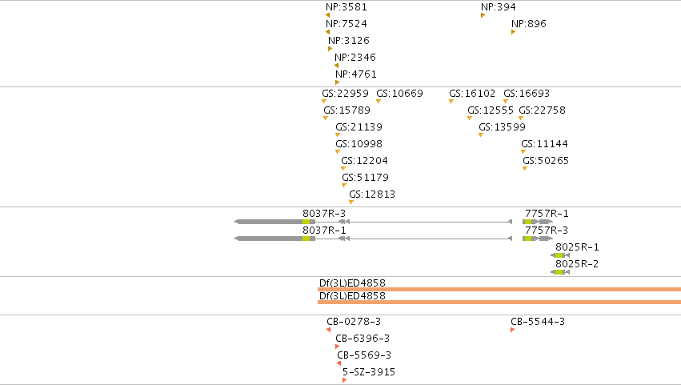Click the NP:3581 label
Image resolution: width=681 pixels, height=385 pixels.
(x=347, y=7)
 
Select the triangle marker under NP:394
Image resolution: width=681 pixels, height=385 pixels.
(x=483, y=16)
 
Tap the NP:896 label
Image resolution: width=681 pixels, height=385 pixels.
(x=529, y=24)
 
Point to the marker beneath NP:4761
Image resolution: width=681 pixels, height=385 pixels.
(x=337, y=82)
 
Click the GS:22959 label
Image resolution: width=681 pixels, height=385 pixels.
(x=345, y=94)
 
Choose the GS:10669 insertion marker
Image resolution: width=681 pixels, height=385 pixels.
(x=379, y=101)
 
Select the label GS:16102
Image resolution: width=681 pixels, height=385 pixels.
(x=471, y=94)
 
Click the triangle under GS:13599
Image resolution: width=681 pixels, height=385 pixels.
(x=481, y=135)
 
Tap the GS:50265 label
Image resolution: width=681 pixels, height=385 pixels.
(x=546, y=161)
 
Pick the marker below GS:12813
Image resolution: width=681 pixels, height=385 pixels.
(x=351, y=203)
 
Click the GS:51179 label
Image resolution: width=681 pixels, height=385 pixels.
(x=365, y=177)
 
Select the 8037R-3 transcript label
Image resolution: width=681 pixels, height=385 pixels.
(x=324, y=214)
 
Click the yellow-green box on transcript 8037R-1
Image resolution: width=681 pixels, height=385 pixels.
(x=306, y=239)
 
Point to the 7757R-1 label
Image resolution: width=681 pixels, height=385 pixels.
(x=547, y=214)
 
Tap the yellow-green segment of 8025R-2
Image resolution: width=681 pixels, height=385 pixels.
(x=559, y=272)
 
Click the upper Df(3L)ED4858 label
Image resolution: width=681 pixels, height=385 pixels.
(x=352, y=283)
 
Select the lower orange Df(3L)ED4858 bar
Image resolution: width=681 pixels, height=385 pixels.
(x=499, y=302)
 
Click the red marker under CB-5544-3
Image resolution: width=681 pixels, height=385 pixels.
(x=512, y=331)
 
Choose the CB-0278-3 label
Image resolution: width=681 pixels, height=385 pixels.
(x=354, y=322)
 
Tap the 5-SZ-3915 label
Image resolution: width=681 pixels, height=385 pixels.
(x=369, y=372)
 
